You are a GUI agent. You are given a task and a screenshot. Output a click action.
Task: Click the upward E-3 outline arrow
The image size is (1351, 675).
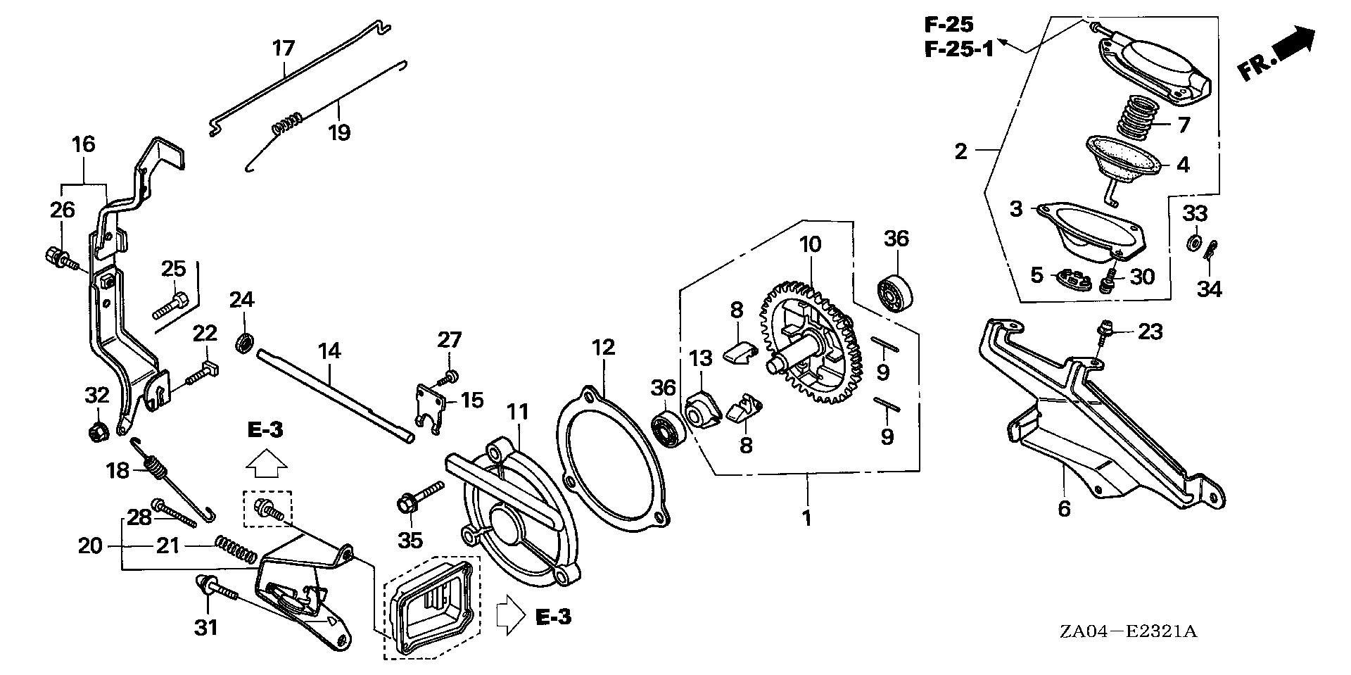tap(266, 462)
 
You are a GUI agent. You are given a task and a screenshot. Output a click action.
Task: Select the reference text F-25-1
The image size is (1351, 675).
tap(958, 49)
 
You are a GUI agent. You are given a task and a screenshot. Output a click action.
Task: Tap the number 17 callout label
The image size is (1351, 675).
tap(283, 49)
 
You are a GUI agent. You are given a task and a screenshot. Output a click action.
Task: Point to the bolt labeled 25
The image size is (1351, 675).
tap(170, 305)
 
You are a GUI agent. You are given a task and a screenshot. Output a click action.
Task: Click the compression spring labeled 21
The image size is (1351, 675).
tap(235, 547)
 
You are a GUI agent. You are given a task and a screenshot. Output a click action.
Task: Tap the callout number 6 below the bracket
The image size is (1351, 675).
tap(1063, 508)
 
